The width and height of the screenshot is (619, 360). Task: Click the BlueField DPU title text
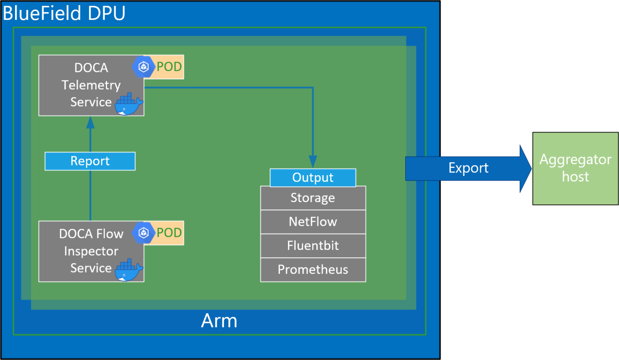click(64, 13)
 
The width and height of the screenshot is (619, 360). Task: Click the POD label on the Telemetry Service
click(169, 67)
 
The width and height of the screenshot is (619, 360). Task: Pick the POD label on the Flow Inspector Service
click(169, 233)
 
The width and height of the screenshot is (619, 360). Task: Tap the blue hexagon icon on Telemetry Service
click(143, 67)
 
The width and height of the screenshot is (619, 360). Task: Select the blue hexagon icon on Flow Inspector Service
click(143, 233)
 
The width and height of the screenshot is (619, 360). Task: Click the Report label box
click(90, 161)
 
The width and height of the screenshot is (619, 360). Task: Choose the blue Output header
click(313, 178)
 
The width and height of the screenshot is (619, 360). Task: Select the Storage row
click(313, 198)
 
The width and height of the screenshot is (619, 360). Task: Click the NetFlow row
click(313, 222)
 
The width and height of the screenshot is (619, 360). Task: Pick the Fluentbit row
click(313, 246)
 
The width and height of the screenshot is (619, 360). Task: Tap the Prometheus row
click(313, 270)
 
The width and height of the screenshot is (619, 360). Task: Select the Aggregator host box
click(575, 168)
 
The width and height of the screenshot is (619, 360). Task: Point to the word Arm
click(219, 321)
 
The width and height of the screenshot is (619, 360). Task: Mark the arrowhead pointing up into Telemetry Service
click(90, 122)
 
